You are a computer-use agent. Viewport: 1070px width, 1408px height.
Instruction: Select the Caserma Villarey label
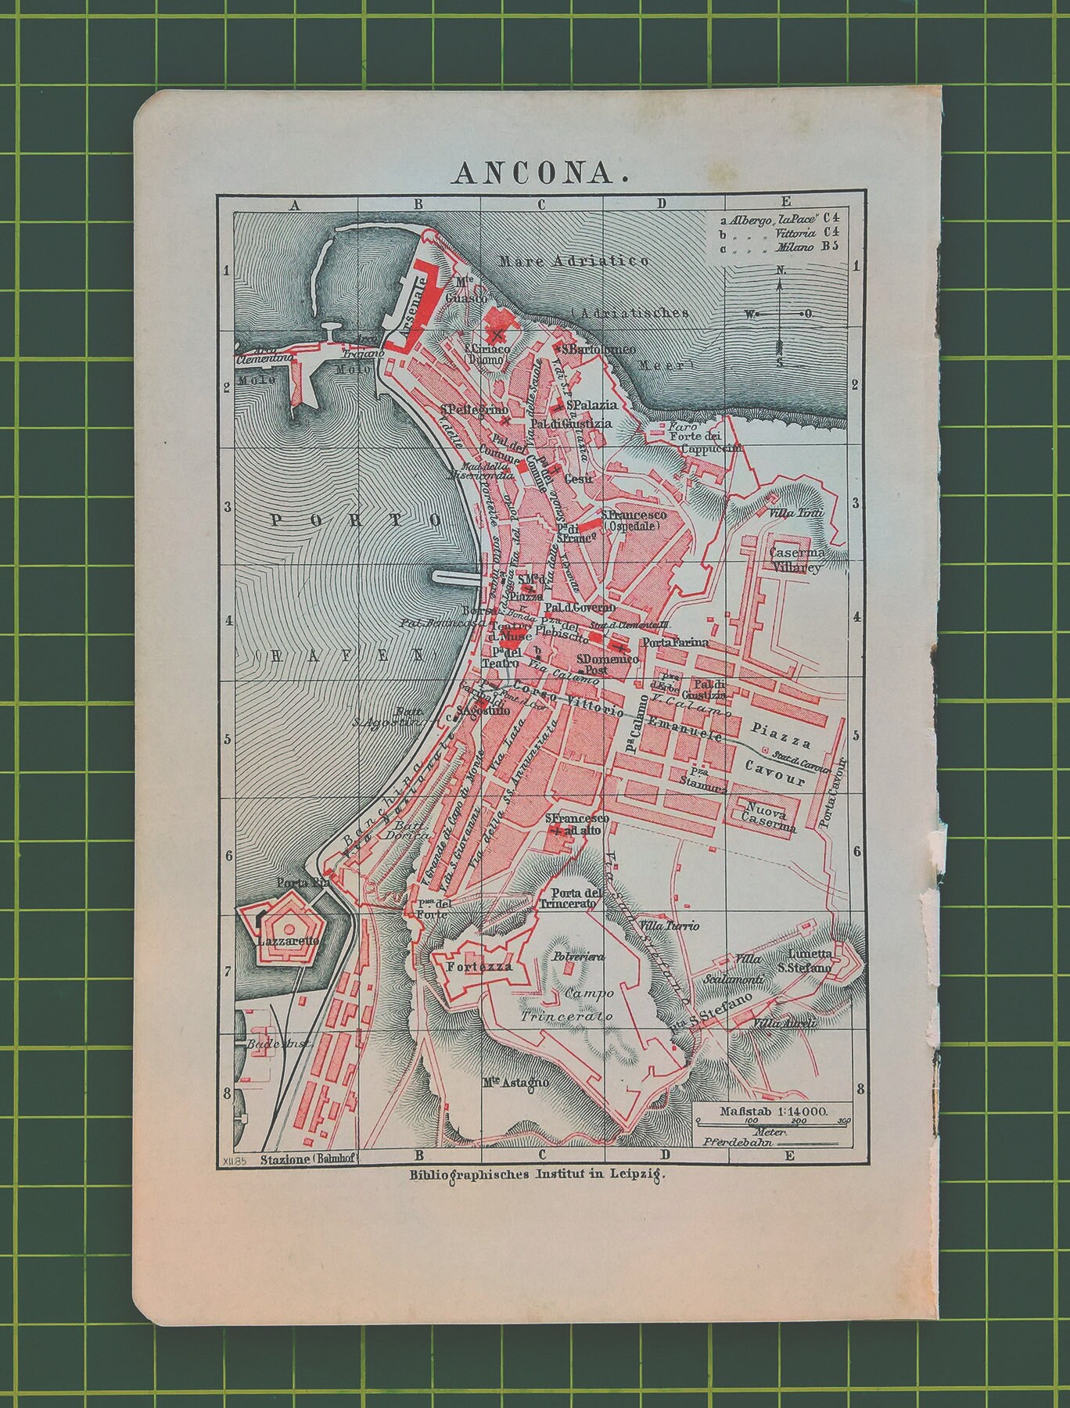(795, 560)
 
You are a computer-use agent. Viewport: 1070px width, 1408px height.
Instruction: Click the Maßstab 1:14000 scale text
(765, 1112)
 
